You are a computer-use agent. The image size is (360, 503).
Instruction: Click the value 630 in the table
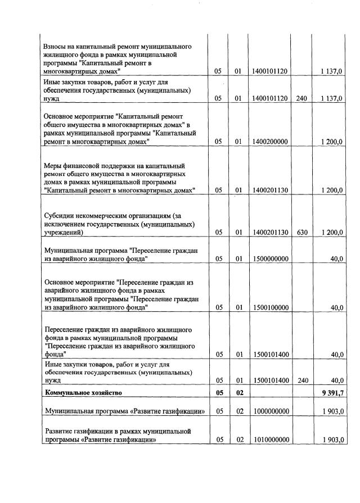(x=301, y=232)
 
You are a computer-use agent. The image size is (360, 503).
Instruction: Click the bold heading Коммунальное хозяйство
(x=83, y=392)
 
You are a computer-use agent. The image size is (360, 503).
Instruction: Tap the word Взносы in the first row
(x=55, y=46)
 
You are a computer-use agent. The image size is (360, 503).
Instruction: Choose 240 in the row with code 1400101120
(x=301, y=99)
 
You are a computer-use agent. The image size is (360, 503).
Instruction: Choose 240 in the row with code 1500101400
(x=301, y=380)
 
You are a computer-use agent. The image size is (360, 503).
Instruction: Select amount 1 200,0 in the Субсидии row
(x=332, y=232)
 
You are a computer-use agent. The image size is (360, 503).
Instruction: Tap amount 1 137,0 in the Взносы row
(x=332, y=71)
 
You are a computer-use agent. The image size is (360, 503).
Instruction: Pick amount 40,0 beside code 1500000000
(x=336, y=259)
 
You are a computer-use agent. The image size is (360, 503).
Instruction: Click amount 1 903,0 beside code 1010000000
(x=332, y=440)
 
